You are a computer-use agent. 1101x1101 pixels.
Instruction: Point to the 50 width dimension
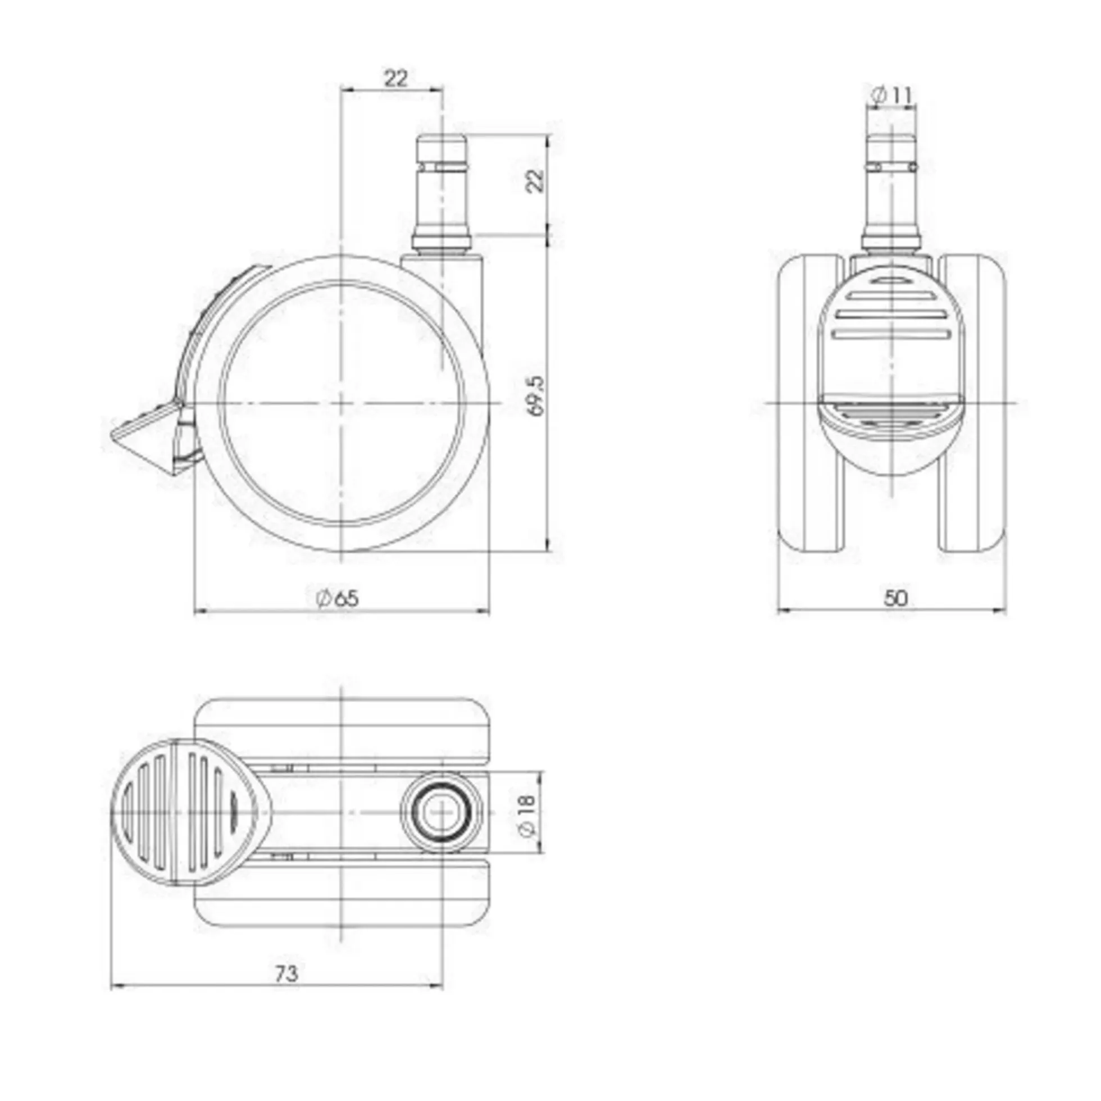pyautogui.click(x=895, y=598)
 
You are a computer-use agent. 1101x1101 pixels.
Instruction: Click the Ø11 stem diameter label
pyautogui.click(x=893, y=95)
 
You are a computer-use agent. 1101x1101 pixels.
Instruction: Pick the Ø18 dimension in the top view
pyautogui.click(x=528, y=813)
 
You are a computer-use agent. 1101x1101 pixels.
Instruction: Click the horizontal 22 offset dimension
pyautogui.click(x=396, y=78)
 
